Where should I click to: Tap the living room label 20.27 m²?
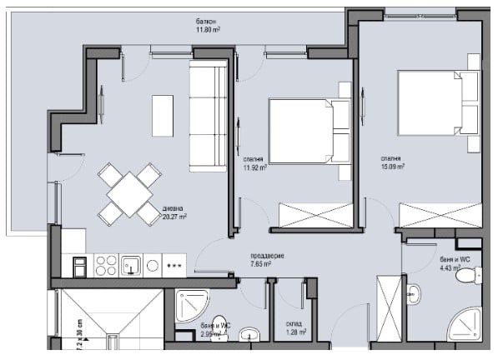[174, 212]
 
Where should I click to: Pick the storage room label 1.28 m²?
[294, 327]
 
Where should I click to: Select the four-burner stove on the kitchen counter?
[104, 266]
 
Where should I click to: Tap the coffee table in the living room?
[162, 115]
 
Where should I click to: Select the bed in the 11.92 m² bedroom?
[304, 131]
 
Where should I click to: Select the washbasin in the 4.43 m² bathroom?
[414, 292]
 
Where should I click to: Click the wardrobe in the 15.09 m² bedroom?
[439, 214]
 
